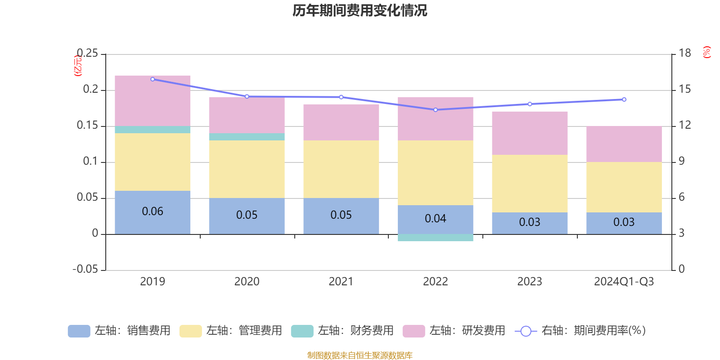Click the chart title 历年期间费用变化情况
point(360,10)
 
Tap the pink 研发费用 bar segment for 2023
point(530,133)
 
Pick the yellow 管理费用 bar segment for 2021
point(341,169)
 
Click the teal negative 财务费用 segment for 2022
point(435,238)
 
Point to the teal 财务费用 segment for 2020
point(247,137)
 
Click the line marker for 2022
point(435,110)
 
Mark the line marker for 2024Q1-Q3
point(624,99)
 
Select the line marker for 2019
point(153,79)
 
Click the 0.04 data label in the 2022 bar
point(435,219)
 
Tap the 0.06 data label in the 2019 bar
point(153,211)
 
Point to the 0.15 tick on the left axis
point(87,126)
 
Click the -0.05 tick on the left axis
point(85,269)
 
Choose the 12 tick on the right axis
point(685,125)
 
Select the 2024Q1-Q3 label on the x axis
point(624,282)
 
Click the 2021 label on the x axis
point(341,282)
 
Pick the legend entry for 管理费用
point(230,331)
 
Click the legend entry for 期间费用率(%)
point(580,331)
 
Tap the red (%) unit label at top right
point(707,52)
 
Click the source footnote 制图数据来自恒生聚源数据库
point(360,355)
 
